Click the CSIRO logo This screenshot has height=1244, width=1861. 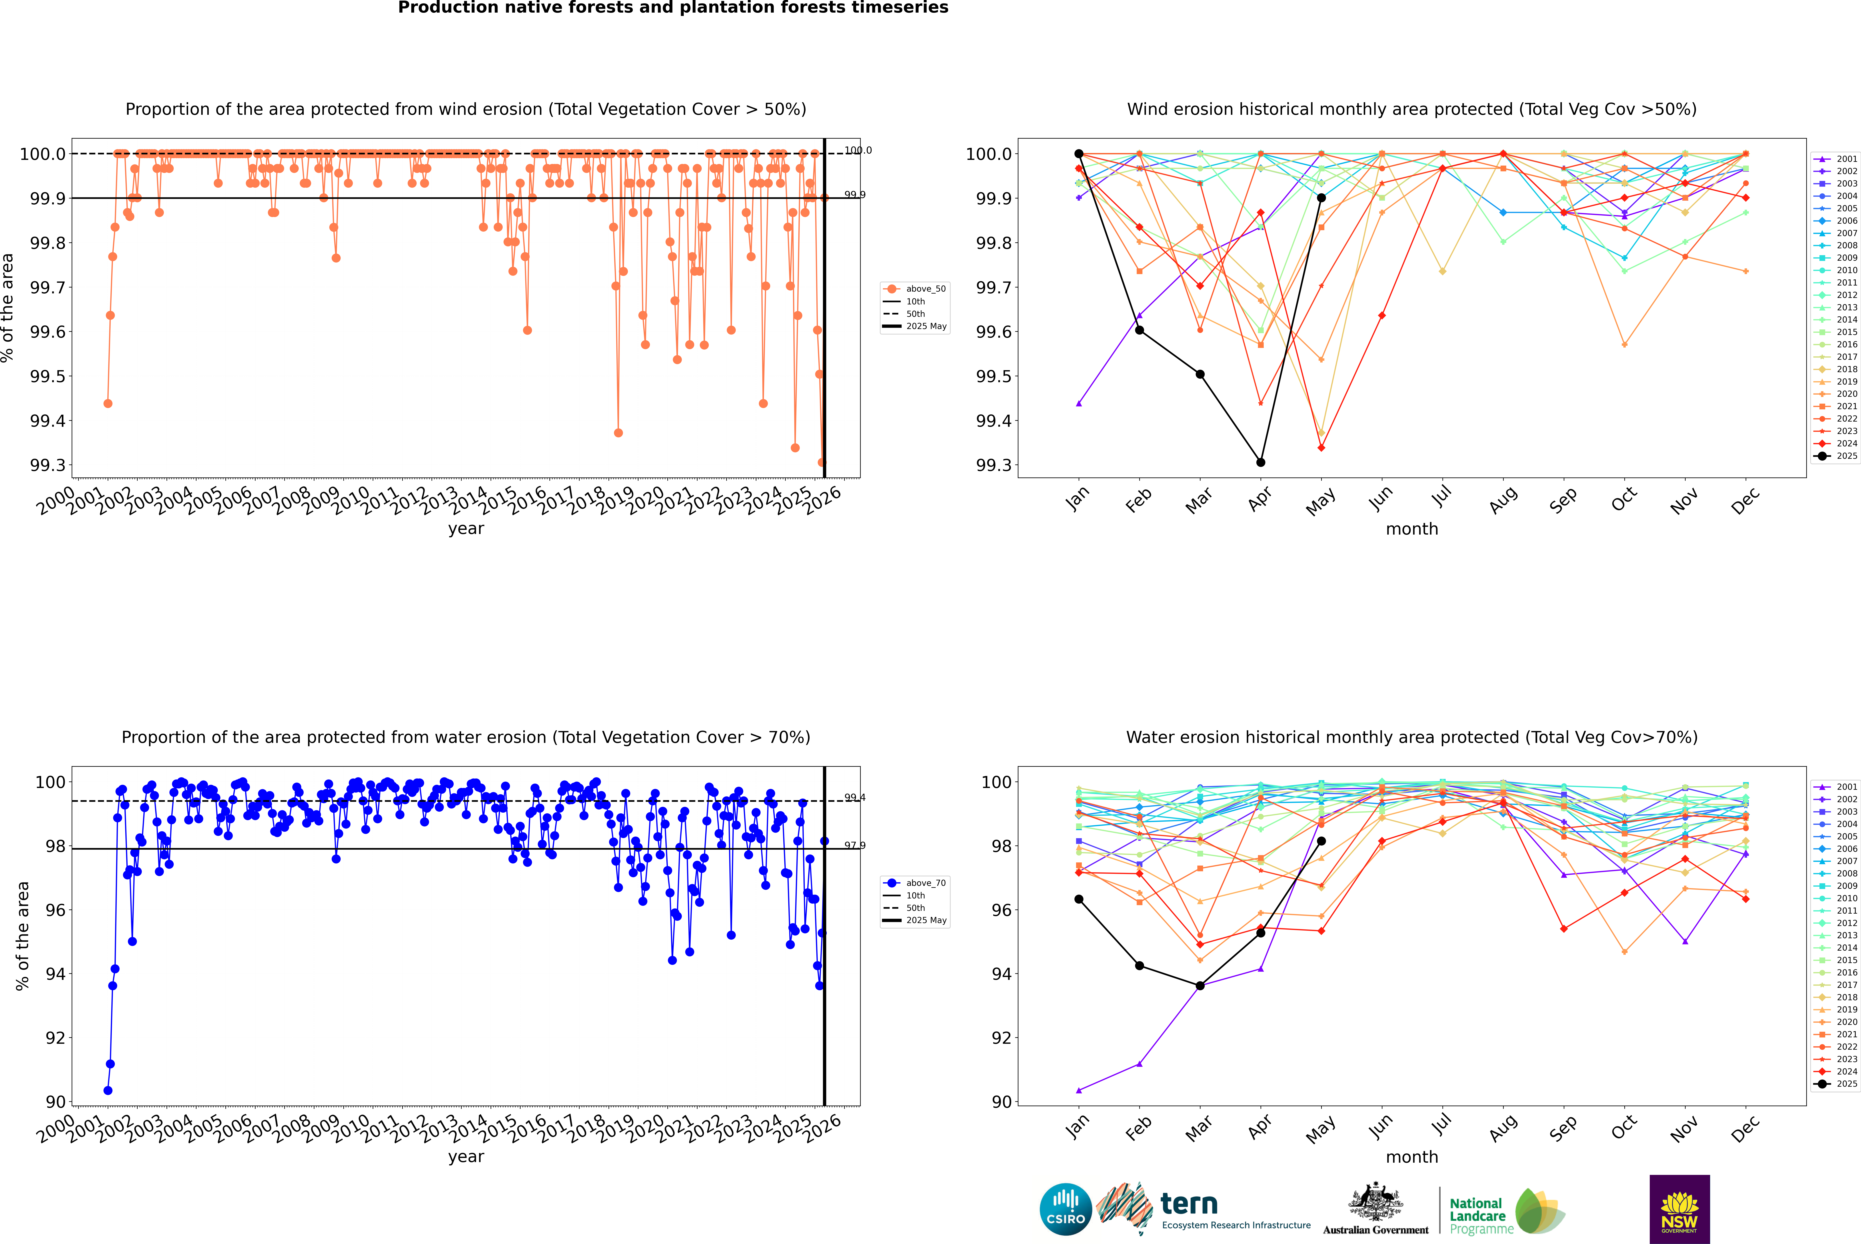(x=1065, y=1209)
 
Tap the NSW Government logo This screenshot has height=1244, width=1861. (x=1679, y=1209)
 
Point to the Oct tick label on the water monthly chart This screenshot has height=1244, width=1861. (x=1624, y=1127)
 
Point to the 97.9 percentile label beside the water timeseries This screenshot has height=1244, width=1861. (x=854, y=846)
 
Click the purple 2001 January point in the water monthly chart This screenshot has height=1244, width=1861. (x=1079, y=1090)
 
